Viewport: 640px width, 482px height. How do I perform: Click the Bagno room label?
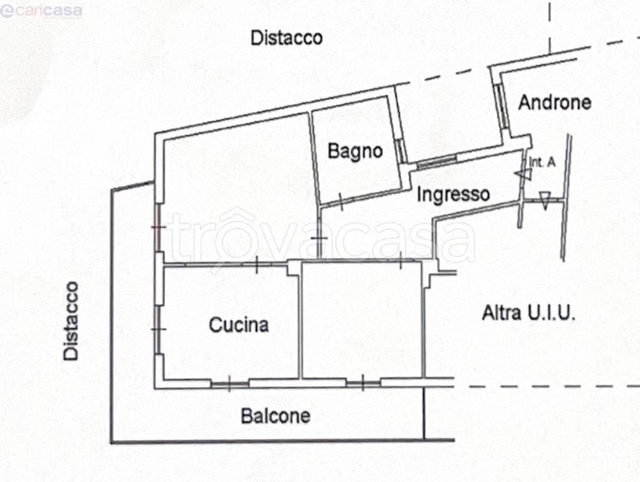[355, 151]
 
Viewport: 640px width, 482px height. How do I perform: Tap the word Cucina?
[239, 324]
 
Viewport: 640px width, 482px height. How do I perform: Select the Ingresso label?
[453, 194]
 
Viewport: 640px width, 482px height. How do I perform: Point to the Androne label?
[555, 102]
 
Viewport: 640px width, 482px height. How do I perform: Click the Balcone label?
[276, 415]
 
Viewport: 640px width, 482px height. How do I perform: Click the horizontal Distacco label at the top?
[286, 38]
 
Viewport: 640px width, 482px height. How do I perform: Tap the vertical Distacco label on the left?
[71, 321]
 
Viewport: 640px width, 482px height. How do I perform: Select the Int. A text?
[542, 162]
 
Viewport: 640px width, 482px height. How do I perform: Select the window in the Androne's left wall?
[502, 104]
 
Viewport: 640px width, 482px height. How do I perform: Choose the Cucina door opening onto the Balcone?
[229, 383]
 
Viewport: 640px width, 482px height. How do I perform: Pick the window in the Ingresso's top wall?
[437, 162]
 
